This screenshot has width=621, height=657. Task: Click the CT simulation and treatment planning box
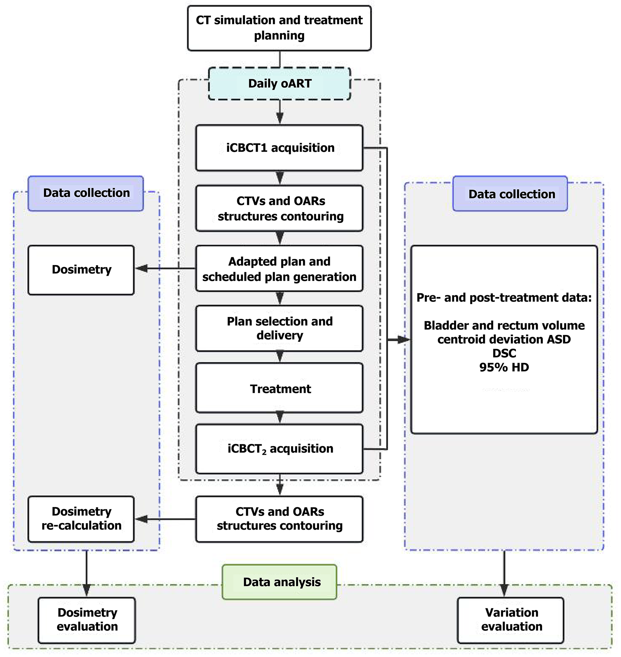[x=279, y=28]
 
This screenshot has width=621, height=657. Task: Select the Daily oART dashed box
[x=280, y=84]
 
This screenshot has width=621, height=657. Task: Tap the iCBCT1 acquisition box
[x=279, y=148]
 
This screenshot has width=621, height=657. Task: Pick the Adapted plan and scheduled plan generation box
[x=279, y=269]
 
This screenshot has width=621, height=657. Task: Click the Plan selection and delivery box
[x=279, y=328]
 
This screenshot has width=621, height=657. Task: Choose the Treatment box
[x=279, y=389]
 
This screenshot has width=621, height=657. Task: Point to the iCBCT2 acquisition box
[x=279, y=449]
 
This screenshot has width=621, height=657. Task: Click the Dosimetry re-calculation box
[x=81, y=519]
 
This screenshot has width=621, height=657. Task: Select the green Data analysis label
[x=280, y=582]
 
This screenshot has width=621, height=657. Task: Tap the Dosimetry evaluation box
[x=87, y=620]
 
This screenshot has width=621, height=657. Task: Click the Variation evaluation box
[x=511, y=620]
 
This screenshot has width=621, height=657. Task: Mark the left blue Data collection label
[x=86, y=193]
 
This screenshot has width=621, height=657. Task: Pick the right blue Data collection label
[x=510, y=194]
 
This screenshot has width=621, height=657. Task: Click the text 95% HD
[x=504, y=367]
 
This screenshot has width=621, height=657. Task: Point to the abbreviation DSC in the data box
[x=504, y=353]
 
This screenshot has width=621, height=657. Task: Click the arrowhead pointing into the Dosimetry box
[x=141, y=269]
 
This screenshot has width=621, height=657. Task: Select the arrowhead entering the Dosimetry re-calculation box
[x=141, y=519]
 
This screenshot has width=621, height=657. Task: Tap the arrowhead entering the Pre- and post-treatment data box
[x=404, y=339]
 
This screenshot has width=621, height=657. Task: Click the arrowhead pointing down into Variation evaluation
[x=504, y=590]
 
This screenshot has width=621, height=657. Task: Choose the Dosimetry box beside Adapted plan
[x=81, y=270]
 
